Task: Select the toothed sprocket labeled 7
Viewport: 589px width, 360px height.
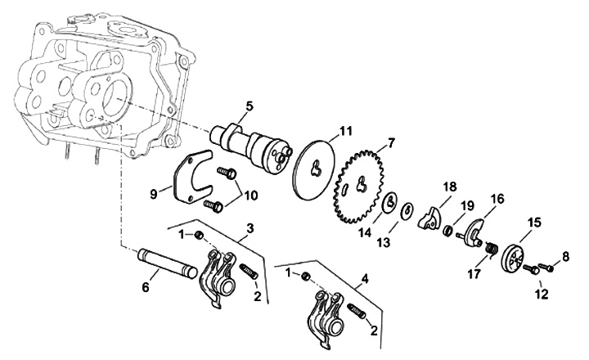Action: pyautogui.click(x=359, y=186)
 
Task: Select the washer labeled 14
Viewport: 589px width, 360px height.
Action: pyautogui.click(x=390, y=203)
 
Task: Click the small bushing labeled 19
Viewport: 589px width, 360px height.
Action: pyautogui.click(x=447, y=230)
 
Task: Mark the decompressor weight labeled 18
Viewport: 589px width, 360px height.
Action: pyautogui.click(x=429, y=218)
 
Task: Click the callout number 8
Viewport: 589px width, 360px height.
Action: pyautogui.click(x=566, y=257)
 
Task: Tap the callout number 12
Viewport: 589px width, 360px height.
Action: pyautogui.click(x=542, y=294)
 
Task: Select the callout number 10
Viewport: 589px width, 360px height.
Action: pyautogui.click(x=251, y=196)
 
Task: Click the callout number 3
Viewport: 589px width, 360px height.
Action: pyautogui.click(x=250, y=228)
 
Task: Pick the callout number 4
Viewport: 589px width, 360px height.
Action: pyautogui.click(x=365, y=279)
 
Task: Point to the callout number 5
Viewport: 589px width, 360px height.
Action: pyautogui.click(x=250, y=106)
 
